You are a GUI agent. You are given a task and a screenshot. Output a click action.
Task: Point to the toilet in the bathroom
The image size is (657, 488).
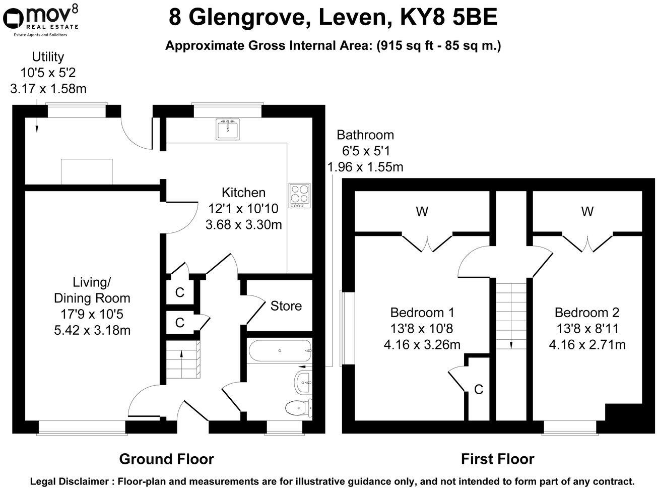[x=297, y=407]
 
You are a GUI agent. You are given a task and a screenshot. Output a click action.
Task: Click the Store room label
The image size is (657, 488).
[x=286, y=306]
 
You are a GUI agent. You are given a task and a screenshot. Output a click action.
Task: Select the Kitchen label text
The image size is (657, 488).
[x=243, y=193]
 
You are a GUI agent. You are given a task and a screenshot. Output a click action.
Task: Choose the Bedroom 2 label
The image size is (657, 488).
[x=587, y=313]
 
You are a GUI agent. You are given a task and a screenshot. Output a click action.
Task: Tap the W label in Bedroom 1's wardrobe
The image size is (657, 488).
[x=422, y=212]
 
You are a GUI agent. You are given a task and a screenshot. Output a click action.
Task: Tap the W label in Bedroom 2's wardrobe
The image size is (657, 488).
[x=587, y=212]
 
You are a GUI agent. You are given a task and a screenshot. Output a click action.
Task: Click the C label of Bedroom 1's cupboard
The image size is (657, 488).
[x=479, y=389]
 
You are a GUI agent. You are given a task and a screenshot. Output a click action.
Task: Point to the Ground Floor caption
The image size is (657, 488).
[x=166, y=459]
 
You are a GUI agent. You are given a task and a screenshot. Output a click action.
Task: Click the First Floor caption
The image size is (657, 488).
[x=497, y=459]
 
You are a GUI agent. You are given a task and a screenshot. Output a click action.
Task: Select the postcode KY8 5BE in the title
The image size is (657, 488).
[x=448, y=18]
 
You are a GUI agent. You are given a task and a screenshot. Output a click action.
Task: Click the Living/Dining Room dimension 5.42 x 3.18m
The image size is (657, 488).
[x=92, y=331]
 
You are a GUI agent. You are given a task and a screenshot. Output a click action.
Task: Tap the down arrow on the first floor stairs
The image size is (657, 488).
[x=511, y=345]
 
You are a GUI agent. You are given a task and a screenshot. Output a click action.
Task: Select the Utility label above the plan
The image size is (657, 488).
[x=48, y=57]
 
